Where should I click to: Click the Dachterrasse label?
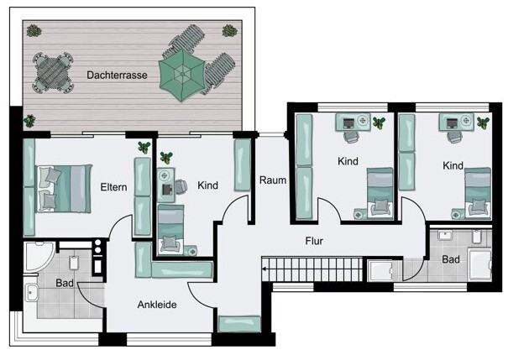click(x=117, y=76)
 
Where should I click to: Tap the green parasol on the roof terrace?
click(x=182, y=76)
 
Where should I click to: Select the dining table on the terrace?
click(x=53, y=73)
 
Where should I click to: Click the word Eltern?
click(x=113, y=187)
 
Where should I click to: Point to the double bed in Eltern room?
click(x=64, y=189)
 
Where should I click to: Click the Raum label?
click(x=273, y=180)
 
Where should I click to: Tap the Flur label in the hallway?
click(x=314, y=241)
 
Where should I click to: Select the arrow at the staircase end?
click(x=265, y=269)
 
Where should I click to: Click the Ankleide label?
click(x=157, y=305)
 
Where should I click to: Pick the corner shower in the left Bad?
click(x=39, y=256)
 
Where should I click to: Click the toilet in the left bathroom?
click(x=74, y=263)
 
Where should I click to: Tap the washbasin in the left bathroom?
click(x=31, y=292)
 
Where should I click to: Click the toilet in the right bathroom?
click(x=476, y=237)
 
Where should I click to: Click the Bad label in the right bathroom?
click(x=451, y=259)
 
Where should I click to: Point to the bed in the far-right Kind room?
click(x=478, y=193)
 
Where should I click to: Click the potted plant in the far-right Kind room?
click(x=483, y=123)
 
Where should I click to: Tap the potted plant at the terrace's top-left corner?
click(x=34, y=31)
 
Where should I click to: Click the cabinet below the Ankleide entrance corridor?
click(x=239, y=324)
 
